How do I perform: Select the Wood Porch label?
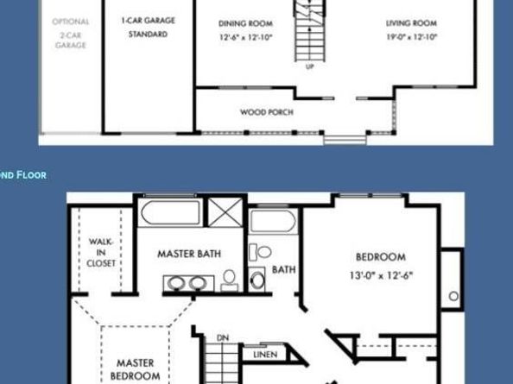[266, 112]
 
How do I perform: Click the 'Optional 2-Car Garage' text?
[70, 33]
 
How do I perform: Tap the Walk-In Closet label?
[100, 253]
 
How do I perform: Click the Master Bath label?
[188, 254]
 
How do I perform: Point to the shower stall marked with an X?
[226, 212]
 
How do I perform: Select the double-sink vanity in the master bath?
[187, 283]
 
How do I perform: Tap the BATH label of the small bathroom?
[284, 269]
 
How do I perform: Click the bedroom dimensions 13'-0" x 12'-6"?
[381, 276]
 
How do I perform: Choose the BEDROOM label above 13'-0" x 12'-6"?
[381, 256]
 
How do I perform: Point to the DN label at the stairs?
[222, 337]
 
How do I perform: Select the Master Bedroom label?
[136, 370]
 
